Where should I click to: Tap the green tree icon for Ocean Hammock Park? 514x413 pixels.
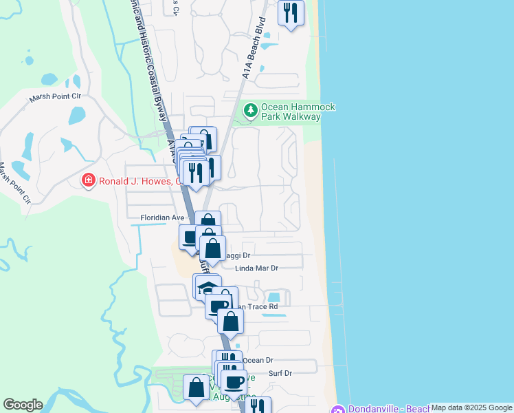(x=251, y=109)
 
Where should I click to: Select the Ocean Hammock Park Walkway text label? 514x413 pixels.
(x=290, y=112)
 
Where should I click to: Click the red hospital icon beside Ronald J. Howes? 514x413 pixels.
(x=88, y=182)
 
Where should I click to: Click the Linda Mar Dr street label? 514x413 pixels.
(x=256, y=268)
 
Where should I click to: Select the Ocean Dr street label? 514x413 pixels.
(x=258, y=360)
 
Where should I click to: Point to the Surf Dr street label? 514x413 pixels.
(x=278, y=373)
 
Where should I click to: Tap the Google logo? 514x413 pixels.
(x=23, y=405)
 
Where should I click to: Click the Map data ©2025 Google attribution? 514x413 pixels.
(x=471, y=407)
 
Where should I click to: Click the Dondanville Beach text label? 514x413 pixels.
(x=388, y=409)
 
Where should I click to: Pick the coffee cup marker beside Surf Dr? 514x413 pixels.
(x=234, y=381)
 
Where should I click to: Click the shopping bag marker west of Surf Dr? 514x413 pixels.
(x=197, y=388)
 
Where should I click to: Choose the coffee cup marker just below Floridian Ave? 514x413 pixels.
(x=190, y=237)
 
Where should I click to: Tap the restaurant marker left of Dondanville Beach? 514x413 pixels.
(x=258, y=406)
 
